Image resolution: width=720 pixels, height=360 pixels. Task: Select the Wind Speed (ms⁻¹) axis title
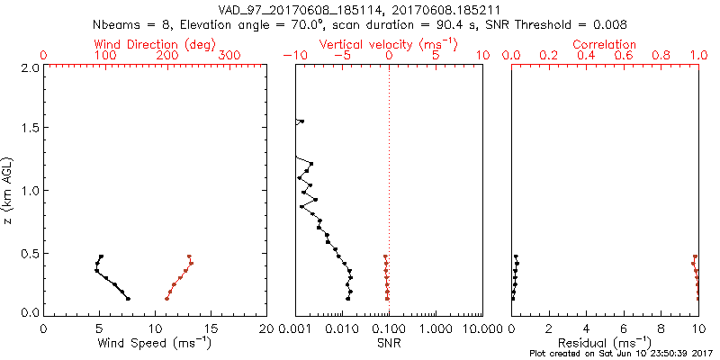[x=155, y=343]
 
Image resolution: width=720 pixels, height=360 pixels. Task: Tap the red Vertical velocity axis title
[x=388, y=44]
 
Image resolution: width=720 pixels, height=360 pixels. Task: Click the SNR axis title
[x=388, y=343]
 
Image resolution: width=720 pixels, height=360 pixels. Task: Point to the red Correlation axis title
[x=605, y=44]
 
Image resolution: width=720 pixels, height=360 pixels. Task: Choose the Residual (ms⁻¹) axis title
[x=605, y=343]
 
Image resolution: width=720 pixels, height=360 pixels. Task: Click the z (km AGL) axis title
[x=9, y=189]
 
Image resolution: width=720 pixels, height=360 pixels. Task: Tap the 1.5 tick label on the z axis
[x=30, y=129]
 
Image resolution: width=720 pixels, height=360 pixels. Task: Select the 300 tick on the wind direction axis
[x=229, y=56]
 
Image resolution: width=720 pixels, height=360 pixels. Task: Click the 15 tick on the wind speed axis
[x=211, y=328]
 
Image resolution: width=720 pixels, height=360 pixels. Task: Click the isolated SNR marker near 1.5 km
[x=301, y=121]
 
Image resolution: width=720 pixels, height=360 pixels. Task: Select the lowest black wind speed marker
[x=128, y=299]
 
